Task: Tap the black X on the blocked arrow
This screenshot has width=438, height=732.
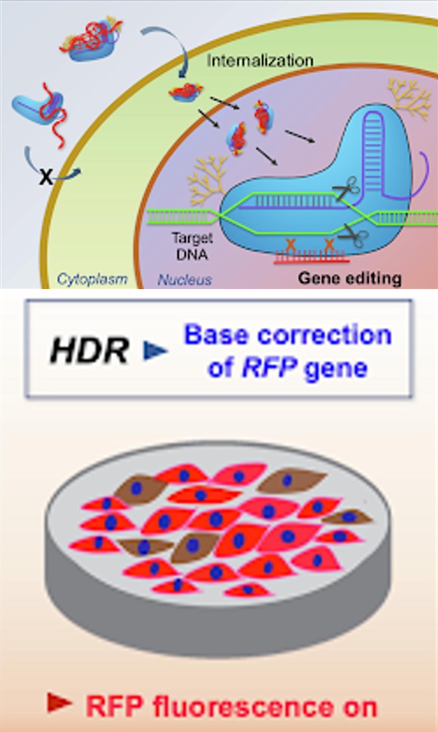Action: [46, 177]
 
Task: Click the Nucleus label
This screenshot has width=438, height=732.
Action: [185, 278]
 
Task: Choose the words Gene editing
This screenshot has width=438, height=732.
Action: [350, 278]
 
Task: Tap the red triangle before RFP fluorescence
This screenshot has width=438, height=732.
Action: [58, 702]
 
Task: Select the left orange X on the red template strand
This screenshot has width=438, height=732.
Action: [293, 244]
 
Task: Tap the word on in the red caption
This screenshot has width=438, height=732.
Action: [358, 705]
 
